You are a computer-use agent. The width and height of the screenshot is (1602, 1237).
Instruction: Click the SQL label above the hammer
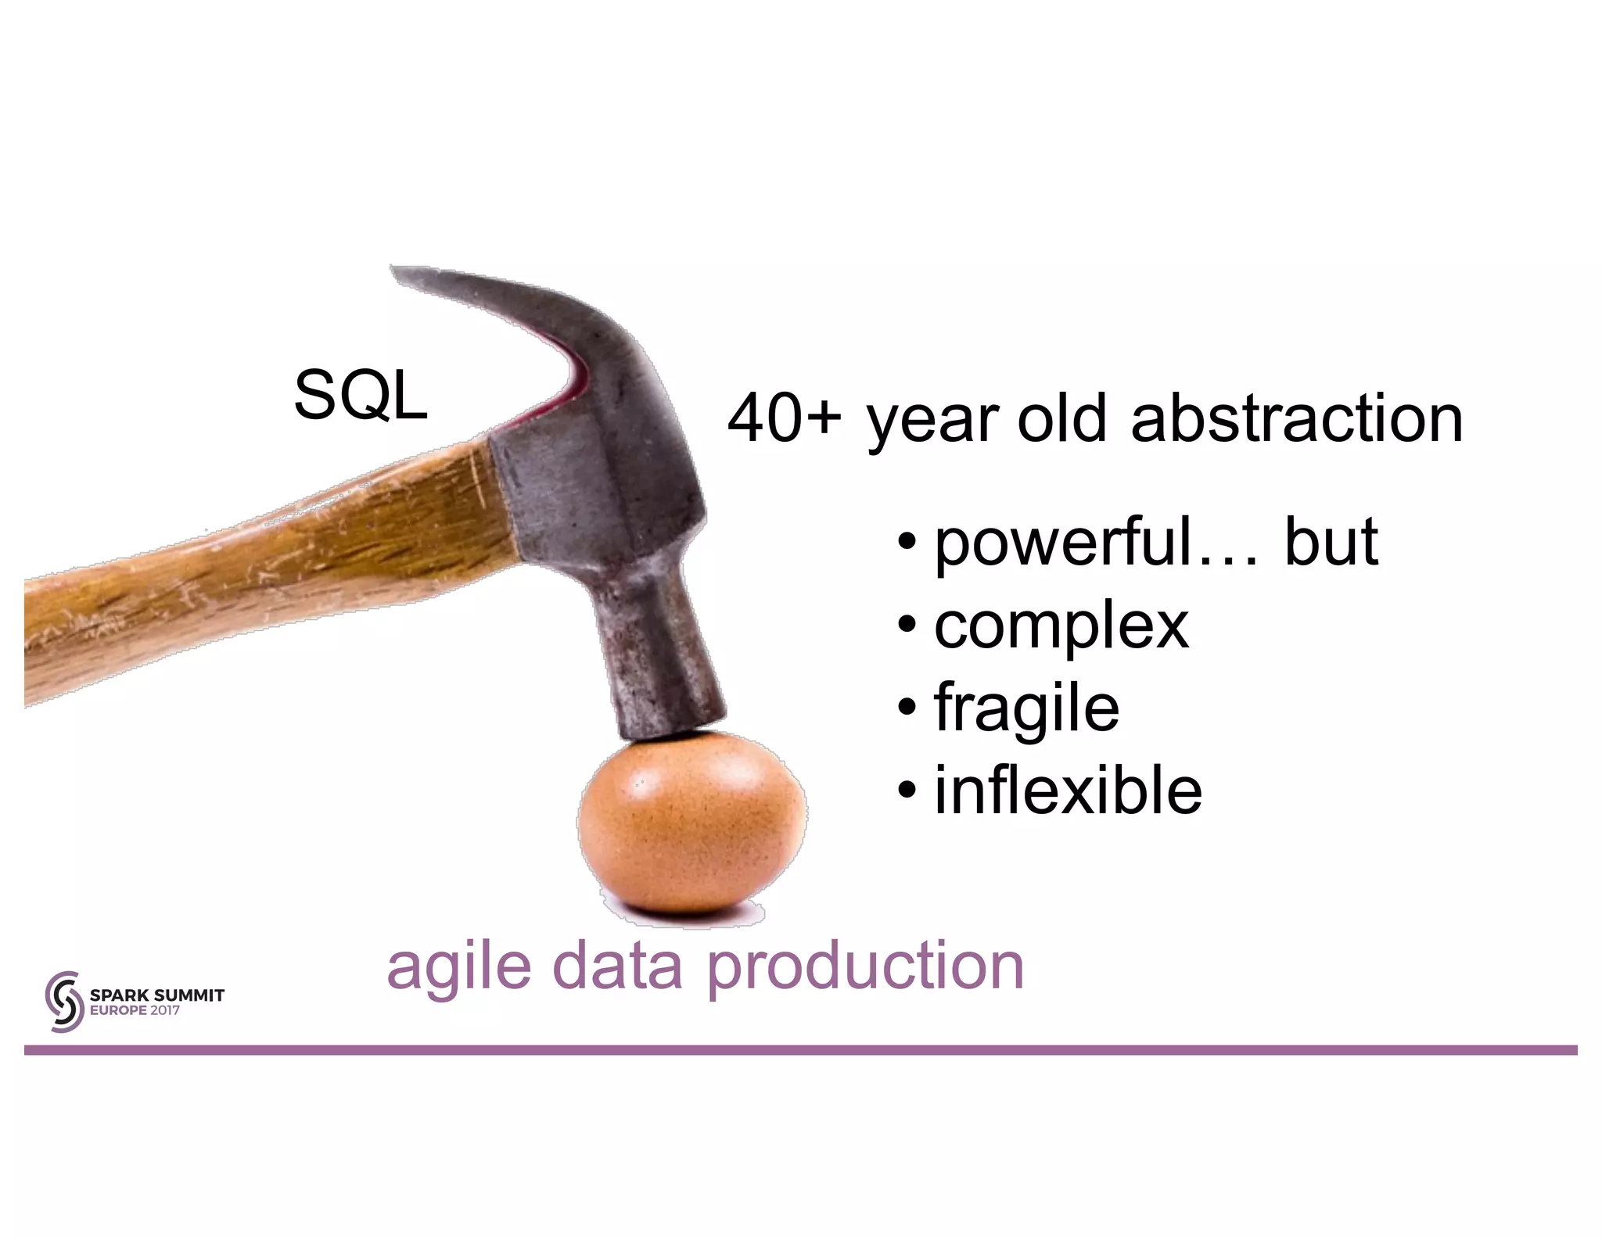[x=361, y=396]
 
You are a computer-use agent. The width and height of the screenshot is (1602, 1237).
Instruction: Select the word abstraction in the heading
[x=1296, y=419]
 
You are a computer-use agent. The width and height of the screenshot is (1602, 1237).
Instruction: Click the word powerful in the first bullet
[x=1063, y=543]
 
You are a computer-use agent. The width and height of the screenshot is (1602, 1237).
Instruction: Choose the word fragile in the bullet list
[x=1026, y=708]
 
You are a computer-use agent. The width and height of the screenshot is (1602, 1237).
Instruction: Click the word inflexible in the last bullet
[x=1068, y=791]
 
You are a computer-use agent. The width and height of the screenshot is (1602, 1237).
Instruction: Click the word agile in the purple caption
[x=459, y=968]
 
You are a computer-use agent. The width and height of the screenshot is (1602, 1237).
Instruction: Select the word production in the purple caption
[x=865, y=968]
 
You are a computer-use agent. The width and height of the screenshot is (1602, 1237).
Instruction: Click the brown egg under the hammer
[x=691, y=829]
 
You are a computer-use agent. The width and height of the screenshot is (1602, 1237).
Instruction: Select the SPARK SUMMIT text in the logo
[x=157, y=995]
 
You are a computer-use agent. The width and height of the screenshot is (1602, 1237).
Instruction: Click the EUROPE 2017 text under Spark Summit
[x=135, y=1010]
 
